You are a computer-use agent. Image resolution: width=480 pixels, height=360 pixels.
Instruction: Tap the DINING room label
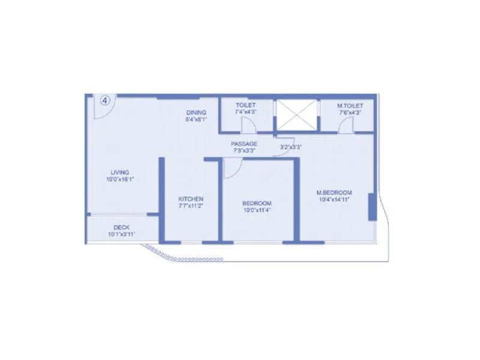(196, 112)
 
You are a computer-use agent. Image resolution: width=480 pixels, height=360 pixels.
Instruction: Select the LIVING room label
(120, 172)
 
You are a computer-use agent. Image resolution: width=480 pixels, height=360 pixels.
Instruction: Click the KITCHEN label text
(191, 199)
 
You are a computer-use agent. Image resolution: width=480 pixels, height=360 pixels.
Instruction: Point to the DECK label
(121, 227)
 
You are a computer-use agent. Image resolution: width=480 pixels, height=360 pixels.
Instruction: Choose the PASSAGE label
(245, 144)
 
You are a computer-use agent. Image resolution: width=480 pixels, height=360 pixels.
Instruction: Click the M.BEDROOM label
(334, 193)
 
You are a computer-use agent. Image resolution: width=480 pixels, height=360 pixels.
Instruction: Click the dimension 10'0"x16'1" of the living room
(120, 179)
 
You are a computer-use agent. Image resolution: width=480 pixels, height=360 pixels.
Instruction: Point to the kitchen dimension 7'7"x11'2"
(191, 206)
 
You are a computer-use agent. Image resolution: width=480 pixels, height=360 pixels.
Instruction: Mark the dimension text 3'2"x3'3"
(290, 147)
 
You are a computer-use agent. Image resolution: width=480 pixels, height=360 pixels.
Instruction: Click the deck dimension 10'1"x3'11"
(121, 234)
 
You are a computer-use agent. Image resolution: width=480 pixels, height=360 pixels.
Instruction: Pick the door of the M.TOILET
(345, 125)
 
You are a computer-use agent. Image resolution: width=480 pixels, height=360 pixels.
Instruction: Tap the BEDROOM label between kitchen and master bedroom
(257, 203)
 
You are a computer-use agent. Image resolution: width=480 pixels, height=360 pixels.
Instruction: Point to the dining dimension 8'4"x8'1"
(196, 119)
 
